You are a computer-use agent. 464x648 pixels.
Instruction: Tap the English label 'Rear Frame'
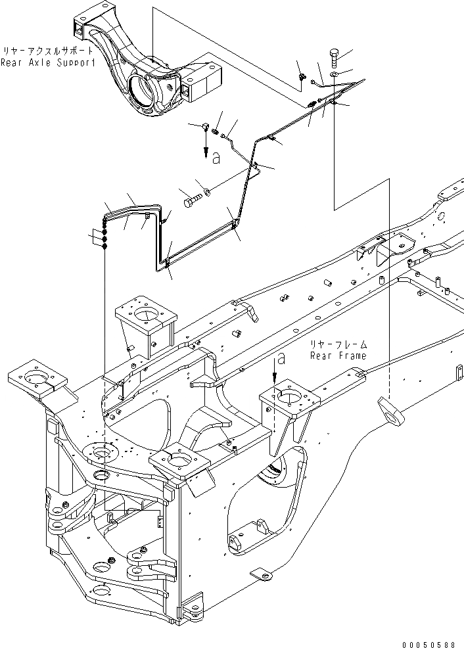338,356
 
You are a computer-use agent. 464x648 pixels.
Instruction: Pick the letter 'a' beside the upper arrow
216,157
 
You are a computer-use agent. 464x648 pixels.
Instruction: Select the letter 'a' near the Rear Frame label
281,359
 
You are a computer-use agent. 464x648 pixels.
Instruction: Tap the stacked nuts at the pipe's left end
105,238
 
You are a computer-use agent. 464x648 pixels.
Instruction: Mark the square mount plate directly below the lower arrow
289,397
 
